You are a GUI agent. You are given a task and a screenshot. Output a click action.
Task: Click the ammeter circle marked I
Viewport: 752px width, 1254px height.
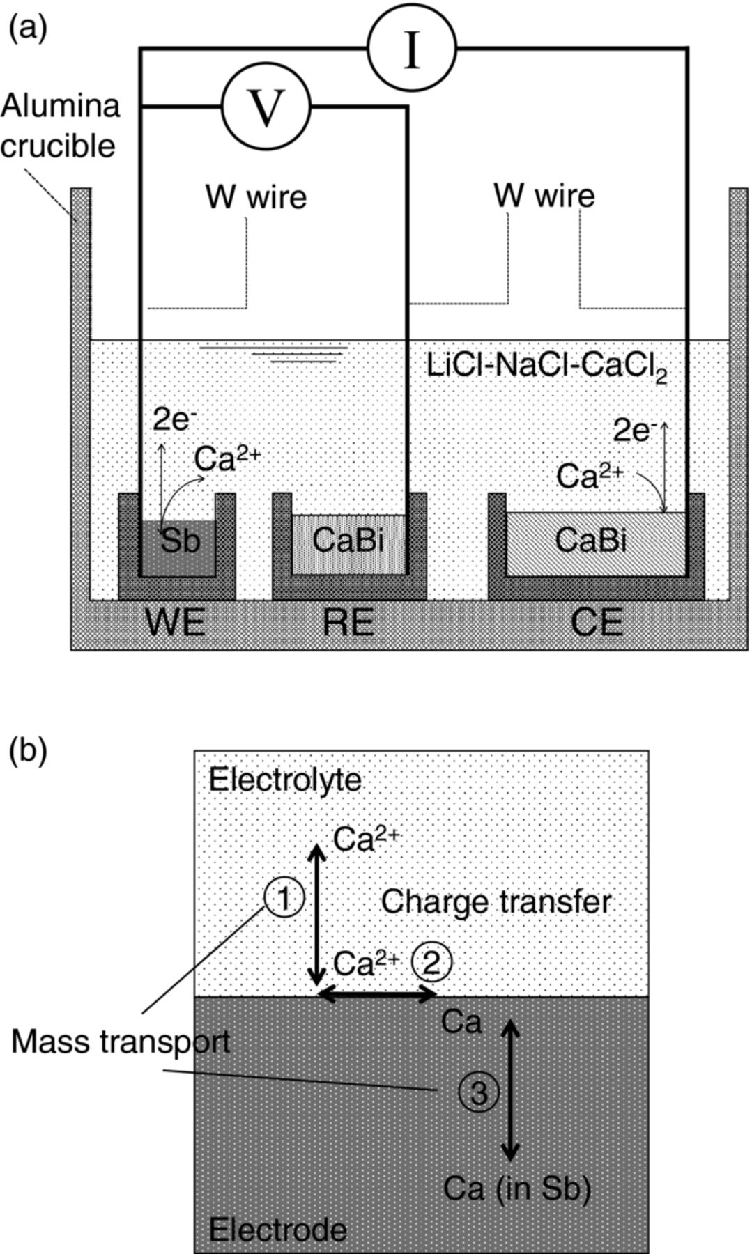(x=412, y=51)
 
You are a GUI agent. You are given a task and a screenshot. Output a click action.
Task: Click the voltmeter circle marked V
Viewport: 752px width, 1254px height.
(x=266, y=107)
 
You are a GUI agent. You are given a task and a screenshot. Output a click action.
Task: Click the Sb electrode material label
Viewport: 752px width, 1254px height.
(x=181, y=541)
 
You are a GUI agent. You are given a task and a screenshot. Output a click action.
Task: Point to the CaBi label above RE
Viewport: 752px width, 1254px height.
(x=348, y=540)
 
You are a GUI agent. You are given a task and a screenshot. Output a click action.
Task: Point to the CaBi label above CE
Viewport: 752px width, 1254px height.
(x=591, y=540)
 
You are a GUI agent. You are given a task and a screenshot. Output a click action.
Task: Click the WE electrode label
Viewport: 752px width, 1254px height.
(x=176, y=622)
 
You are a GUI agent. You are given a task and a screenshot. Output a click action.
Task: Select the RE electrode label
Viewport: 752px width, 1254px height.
(x=348, y=622)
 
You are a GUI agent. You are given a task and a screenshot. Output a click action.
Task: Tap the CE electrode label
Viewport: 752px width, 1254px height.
(x=597, y=622)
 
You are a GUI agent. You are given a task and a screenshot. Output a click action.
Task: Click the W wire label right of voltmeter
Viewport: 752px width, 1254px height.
(x=544, y=195)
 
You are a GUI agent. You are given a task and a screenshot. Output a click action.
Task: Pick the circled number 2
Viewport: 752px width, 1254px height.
(x=431, y=963)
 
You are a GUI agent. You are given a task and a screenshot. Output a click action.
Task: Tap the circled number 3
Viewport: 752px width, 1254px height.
(x=479, y=1092)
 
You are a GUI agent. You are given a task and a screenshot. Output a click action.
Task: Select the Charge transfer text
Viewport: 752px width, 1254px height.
(x=496, y=901)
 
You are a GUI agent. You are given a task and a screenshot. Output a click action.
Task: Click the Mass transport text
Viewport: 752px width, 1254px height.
(x=121, y=1042)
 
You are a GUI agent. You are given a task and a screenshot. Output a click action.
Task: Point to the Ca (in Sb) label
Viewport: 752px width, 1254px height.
(x=517, y=1189)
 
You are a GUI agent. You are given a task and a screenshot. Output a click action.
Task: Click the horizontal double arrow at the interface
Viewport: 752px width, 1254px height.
(x=377, y=996)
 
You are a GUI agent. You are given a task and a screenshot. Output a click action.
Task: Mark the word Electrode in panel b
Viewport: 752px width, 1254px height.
(x=277, y=1230)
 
